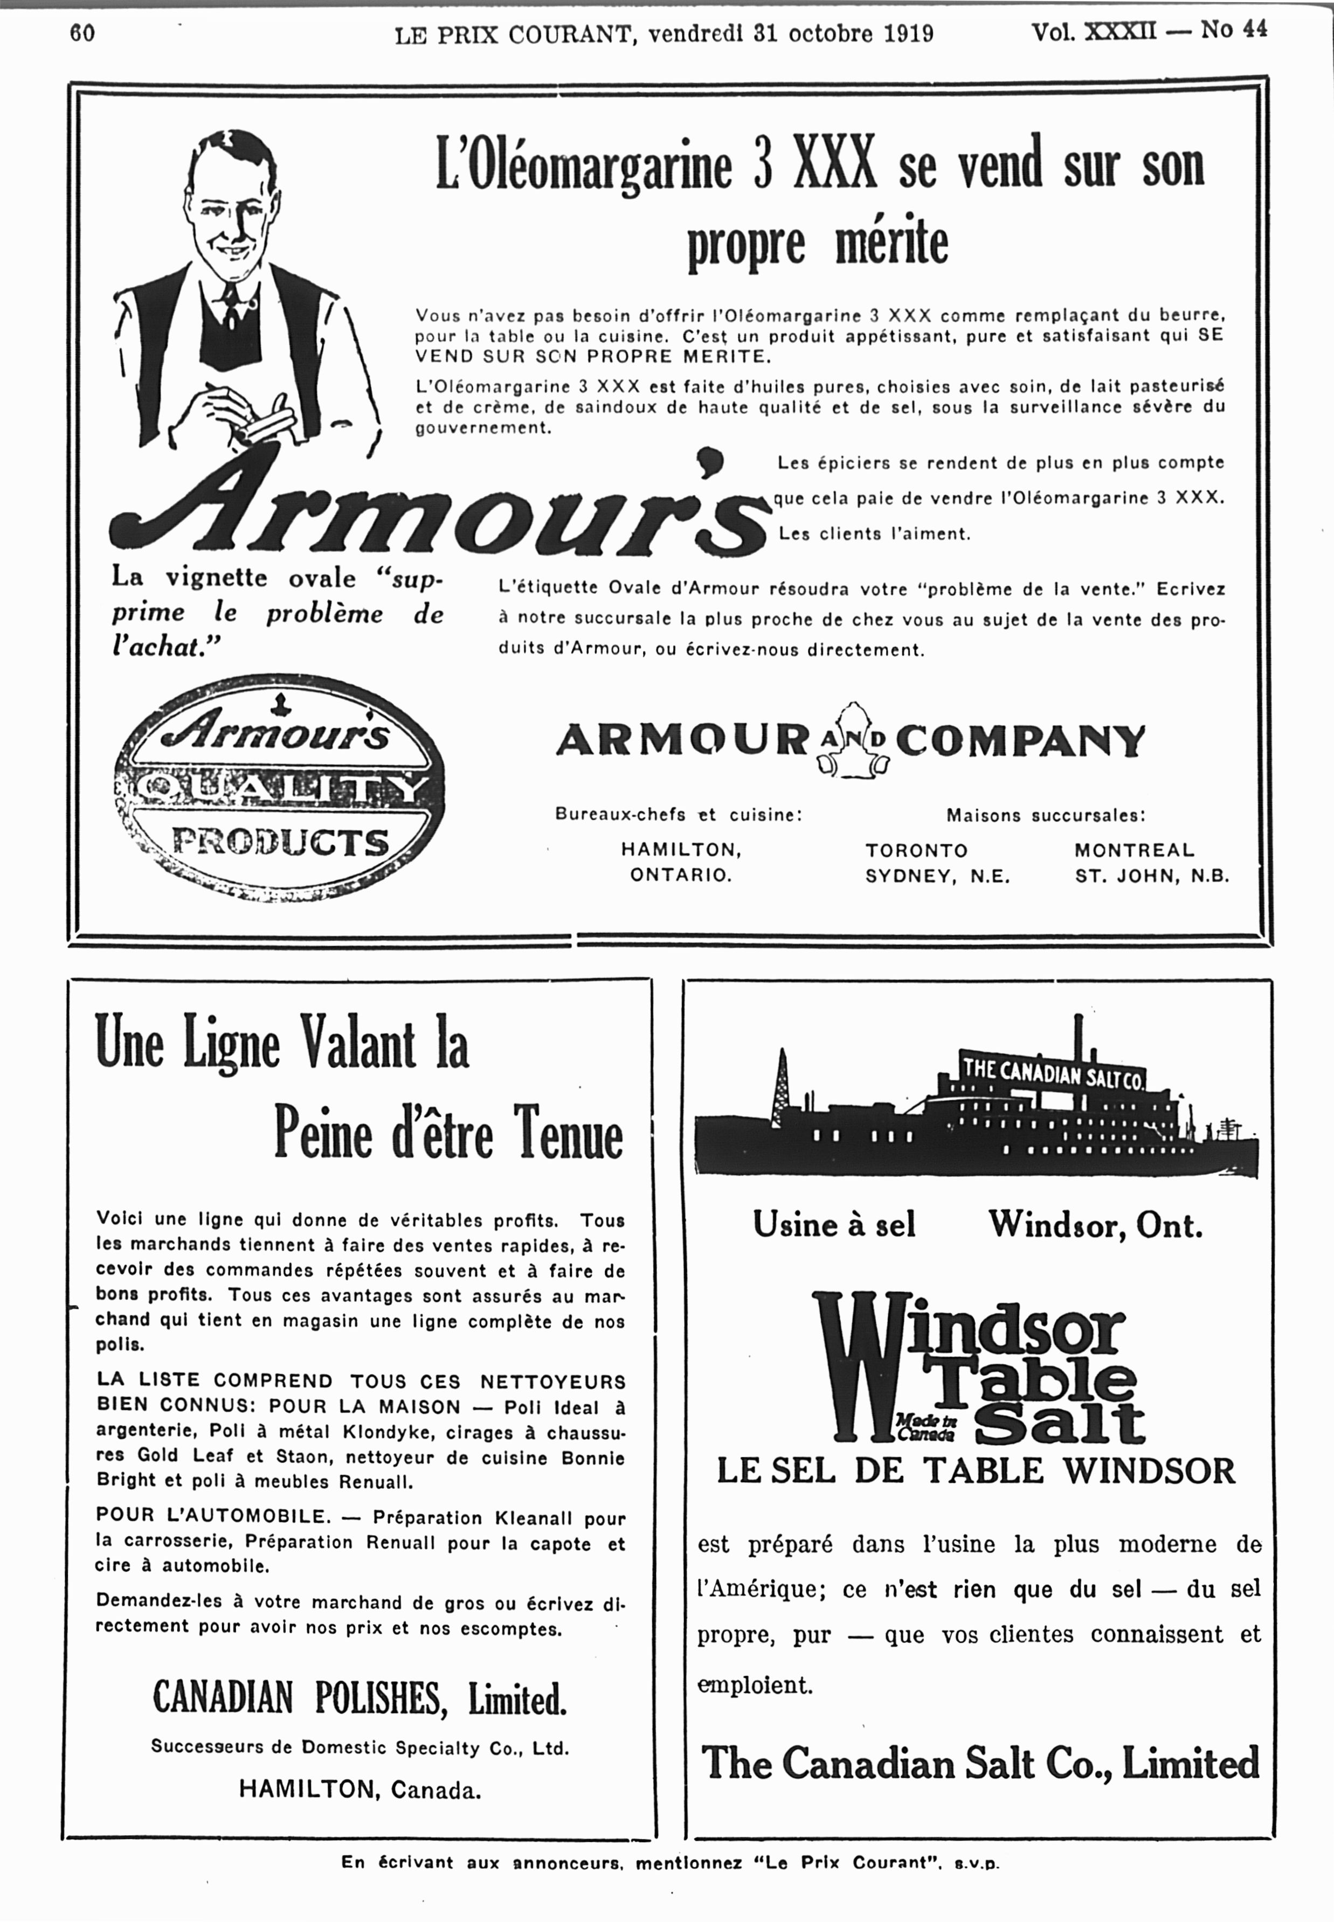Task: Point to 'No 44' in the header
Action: (x=1234, y=30)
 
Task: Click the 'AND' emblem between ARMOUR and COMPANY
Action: (x=852, y=740)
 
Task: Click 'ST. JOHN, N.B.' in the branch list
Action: (x=1152, y=877)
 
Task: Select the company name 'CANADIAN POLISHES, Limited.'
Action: (x=360, y=1698)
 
